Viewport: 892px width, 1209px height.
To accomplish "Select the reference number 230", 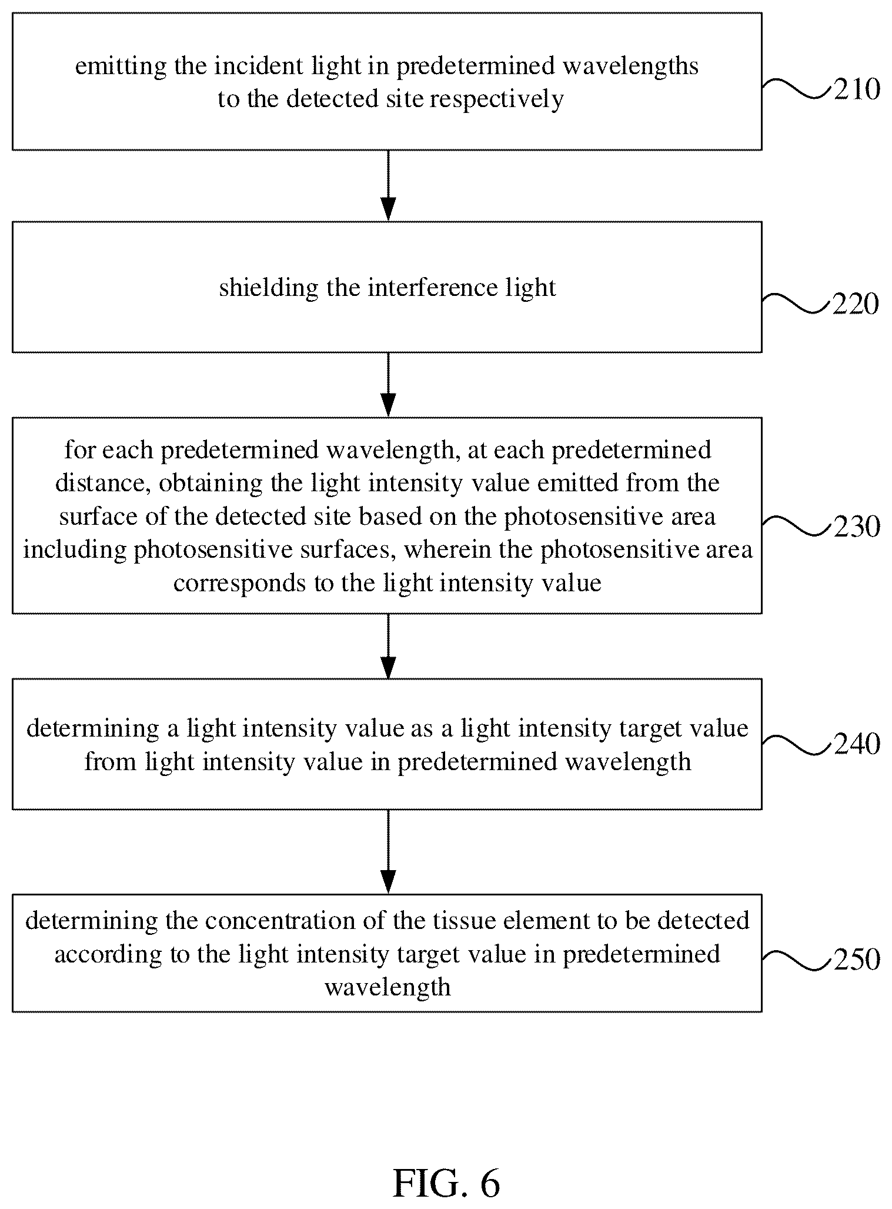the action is click(x=857, y=527).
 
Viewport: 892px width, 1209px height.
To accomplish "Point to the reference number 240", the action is click(x=857, y=744).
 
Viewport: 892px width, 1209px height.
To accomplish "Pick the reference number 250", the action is click(x=857, y=960).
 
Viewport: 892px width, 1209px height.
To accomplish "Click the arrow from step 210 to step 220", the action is click(x=388, y=186).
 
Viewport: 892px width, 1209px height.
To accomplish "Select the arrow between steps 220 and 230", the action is click(x=388, y=385).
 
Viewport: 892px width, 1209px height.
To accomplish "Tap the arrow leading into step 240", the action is click(x=388, y=646).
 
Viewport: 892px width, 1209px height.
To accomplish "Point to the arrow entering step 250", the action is click(x=388, y=852).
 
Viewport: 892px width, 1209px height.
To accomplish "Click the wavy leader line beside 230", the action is click(x=797, y=525).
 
